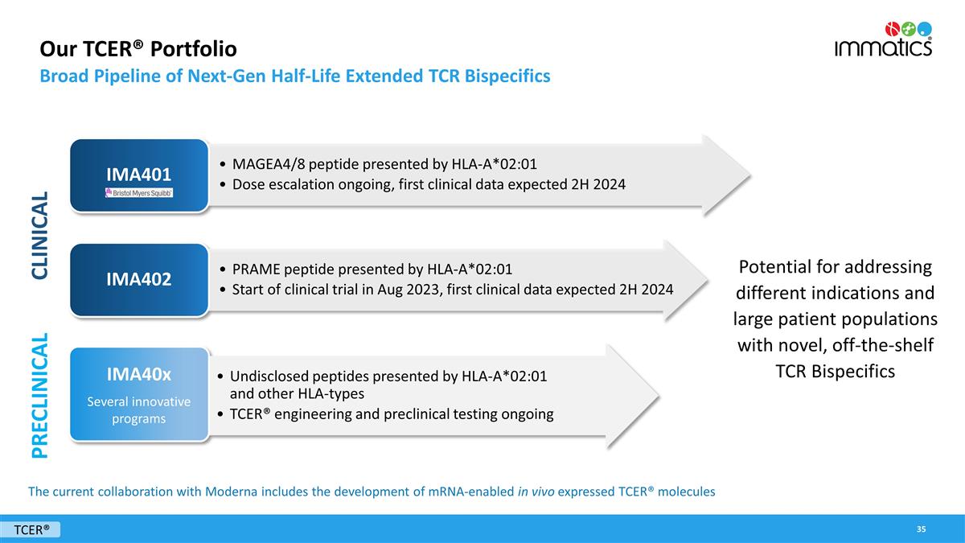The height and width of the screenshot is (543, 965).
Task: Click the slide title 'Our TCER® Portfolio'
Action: (138, 49)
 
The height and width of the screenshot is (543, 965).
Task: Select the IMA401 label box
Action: (138, 174)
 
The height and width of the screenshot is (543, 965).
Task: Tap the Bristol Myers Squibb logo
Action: (138, 193)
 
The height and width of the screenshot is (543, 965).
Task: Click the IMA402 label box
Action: (138, 279)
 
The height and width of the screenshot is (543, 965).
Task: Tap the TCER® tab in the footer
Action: (32, 529)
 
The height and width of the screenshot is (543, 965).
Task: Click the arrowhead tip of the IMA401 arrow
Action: (747, 175)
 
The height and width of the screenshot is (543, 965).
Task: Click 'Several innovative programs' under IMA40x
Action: (138, 409)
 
